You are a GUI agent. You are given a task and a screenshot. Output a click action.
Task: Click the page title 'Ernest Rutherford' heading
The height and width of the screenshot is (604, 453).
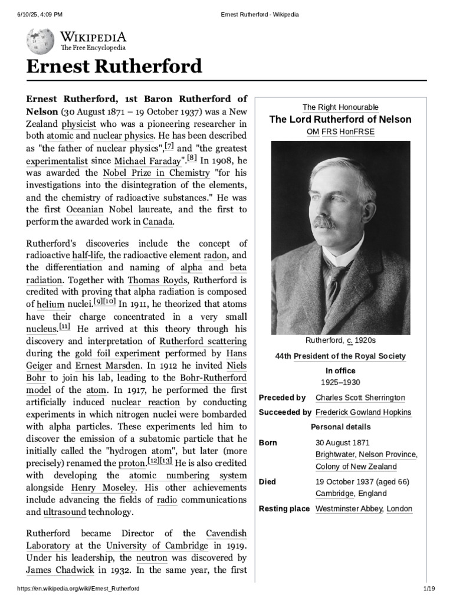coord(114,67)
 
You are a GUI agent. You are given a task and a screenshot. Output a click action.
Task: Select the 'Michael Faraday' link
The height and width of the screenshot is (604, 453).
coord(141,160)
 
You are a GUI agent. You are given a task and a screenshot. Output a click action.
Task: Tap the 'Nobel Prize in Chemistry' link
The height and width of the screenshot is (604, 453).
coord(156,173)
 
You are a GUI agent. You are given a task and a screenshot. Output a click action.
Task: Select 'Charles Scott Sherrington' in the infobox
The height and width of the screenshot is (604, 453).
coord(360,398)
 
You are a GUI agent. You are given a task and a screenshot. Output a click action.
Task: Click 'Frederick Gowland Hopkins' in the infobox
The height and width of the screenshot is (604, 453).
coord(363,412)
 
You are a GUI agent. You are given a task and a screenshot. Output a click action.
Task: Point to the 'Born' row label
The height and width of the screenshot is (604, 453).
coord(269,442)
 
